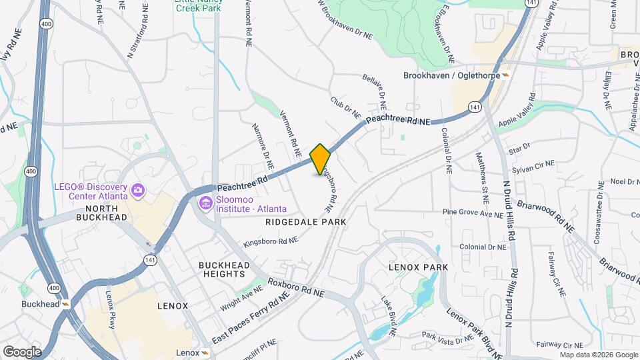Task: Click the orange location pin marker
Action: pyautogui.click(x=320, y=159)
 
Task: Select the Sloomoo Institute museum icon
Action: pyautogui.click(x=205, y=202)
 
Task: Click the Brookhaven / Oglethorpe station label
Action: pyautogui.click(x=451, y=75)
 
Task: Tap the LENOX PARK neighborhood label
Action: pyautogui.click(x=418, y=267)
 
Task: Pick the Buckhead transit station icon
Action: pyautogui.click(x=67, y=304)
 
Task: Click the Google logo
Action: pyautogui.click(x=22, y=351)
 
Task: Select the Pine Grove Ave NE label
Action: pyautogui.click(x=473, y=213)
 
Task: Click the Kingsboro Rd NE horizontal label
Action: pyautogui.click(x=270, y=241)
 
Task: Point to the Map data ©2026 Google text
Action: pyautogui.click(x=598, y=355)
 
